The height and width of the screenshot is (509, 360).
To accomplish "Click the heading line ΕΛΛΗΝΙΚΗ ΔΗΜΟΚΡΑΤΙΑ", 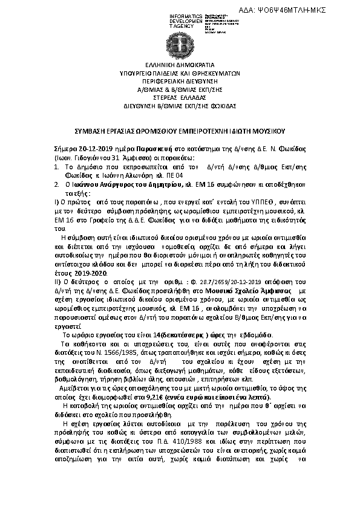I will click(x=180, y=64).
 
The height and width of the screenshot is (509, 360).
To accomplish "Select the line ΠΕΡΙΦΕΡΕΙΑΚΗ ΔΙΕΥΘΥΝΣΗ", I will click(x=180, y=80).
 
